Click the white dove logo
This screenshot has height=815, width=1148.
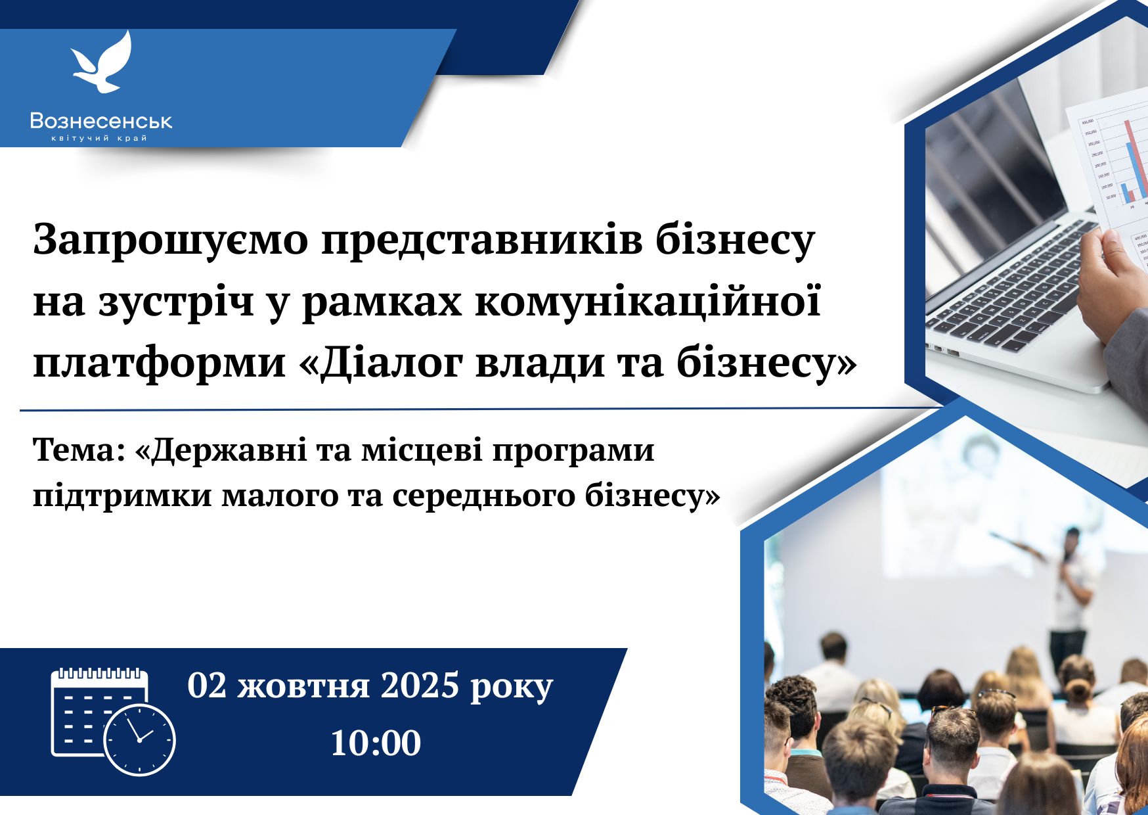102,62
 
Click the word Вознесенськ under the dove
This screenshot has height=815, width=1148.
101,120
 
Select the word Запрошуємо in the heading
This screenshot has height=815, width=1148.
170,241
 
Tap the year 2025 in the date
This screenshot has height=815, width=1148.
420,686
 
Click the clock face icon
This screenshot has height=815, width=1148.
139,739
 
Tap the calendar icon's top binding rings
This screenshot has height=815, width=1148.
99,674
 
